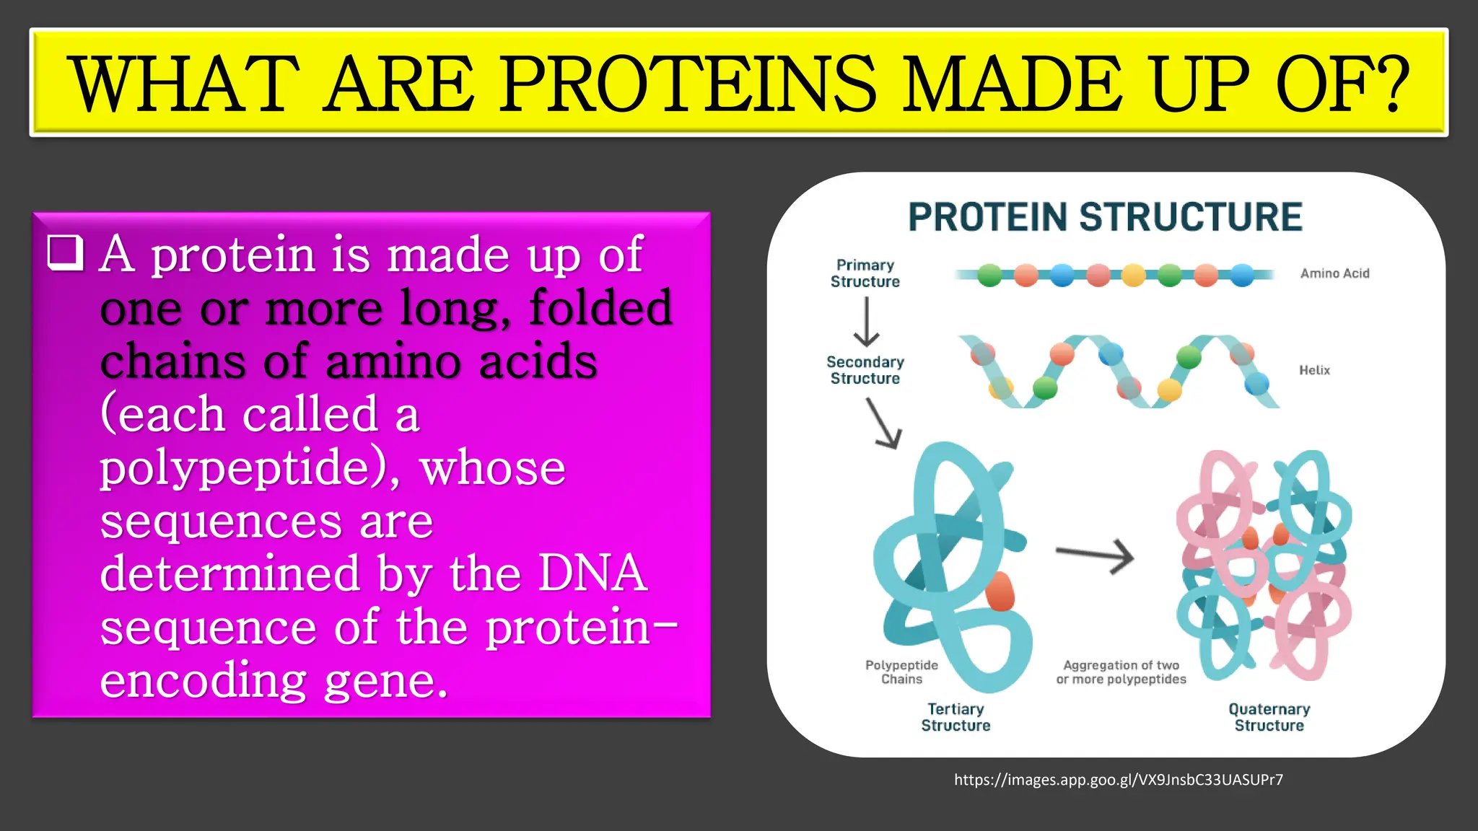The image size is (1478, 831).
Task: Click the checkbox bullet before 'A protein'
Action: tap(65, 252)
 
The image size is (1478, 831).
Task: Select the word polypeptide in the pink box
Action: tap(242, 469)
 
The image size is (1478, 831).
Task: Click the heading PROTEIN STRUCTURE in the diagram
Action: tap(1105, 217)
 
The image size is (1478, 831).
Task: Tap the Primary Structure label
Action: tap(865, 273)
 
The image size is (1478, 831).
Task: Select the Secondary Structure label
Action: tap(865, 370)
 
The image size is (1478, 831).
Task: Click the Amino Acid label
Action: tap(1334, 273)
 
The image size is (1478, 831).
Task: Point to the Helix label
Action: tap(1314, 370)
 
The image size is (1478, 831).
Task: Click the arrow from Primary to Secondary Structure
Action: tap(866, 322)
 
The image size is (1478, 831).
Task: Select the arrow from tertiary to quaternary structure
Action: tap(1095, 555)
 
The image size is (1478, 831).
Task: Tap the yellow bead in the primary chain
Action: tap(1134, 275)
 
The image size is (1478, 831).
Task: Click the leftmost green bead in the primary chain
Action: tap(990, 275)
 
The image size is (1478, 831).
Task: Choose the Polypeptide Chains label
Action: tap(901, 672)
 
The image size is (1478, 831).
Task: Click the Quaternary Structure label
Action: tap(1269, 717)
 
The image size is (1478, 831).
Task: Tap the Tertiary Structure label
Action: tap(956, 717)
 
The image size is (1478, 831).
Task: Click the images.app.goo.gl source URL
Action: tap(1118, 780)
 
